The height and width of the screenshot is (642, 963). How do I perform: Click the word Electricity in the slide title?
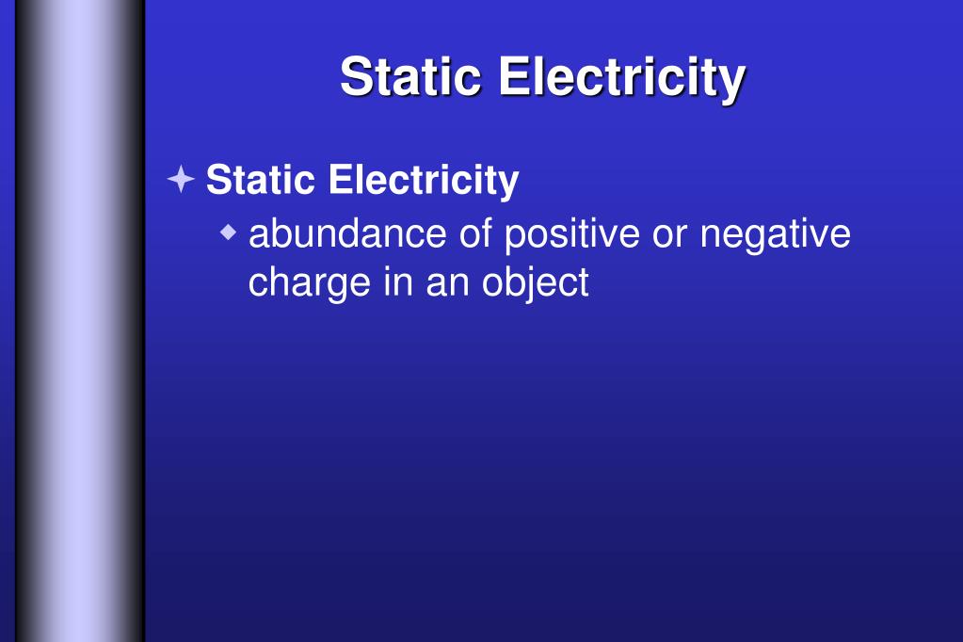pyautogui.click(x=622, y=77)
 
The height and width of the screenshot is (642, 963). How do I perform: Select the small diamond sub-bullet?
pyautogui.click(x=229, y=232)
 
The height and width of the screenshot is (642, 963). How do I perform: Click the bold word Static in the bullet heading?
pyautogui.click(x=261, y=179)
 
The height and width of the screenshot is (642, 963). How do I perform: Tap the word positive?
pyautogui.click(x=571, y=233)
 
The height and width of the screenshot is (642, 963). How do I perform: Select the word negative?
pyautogui.click(x=776, y=235)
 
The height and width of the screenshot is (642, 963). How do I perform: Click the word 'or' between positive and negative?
pyautogui.click(x=669, y=235)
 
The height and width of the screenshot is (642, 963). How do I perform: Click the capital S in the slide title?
pyautogui.click(x=358, y=77)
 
